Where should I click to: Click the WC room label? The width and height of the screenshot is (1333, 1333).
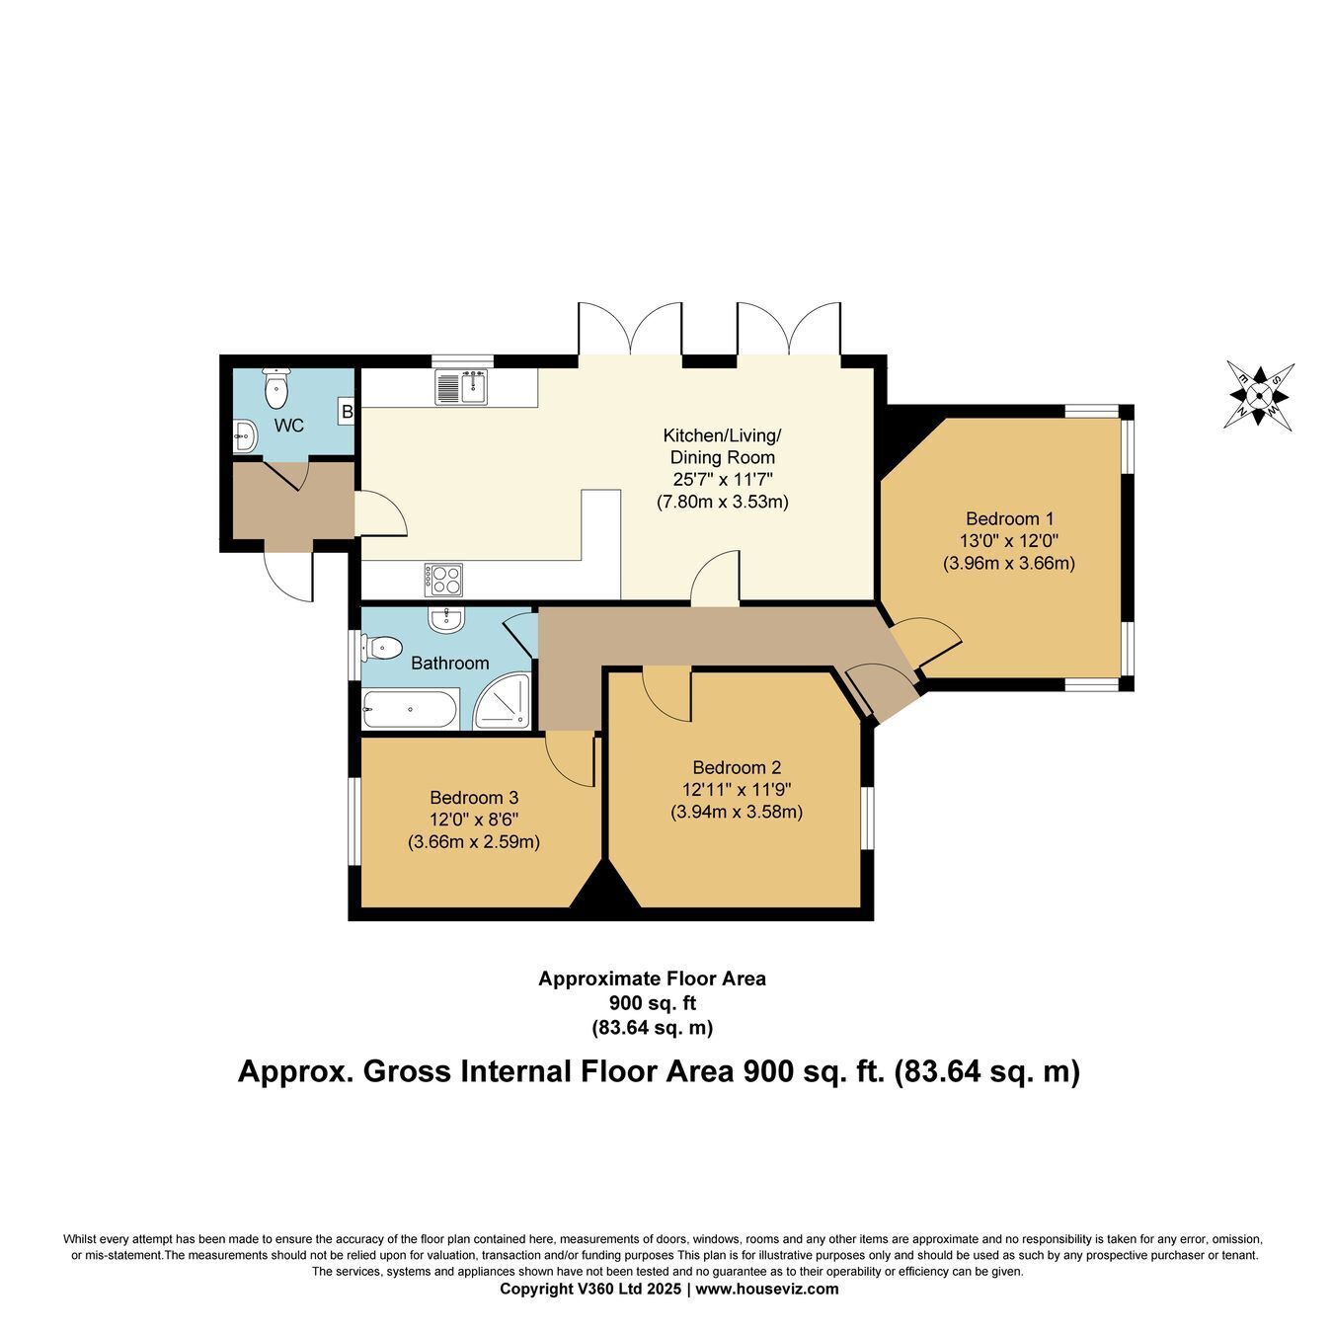[x=288, y=426]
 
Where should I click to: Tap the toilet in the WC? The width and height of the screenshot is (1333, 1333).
[x=276, y=389]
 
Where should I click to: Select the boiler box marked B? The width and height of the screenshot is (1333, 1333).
[x=346, y=413]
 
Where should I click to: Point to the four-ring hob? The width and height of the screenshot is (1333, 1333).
[x=443, y=579]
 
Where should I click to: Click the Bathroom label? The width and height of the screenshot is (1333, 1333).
[x=449, y=663]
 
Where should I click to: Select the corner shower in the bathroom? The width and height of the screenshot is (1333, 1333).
[x=503, y=701]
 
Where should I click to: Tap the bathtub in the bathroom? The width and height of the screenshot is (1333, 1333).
[x=410, y=708]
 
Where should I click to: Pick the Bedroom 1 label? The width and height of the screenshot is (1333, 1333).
[x=1008, y=518]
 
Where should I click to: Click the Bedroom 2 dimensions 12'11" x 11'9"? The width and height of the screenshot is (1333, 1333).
[x=737, y=789]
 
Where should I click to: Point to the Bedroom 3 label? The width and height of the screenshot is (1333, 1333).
[x=474, y=798]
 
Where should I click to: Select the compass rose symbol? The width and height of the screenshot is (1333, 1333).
[x=1259, y=396]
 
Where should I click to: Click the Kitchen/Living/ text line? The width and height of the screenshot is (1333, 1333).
[x=722, y=435]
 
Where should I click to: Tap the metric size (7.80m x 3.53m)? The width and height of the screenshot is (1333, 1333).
[x=722, y=502]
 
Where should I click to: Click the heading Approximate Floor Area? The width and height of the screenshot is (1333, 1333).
[x=653, y=979]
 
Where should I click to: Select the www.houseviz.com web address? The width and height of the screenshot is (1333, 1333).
[x=766, y=1289]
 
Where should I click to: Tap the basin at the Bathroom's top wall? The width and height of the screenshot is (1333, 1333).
[x=447, y=618]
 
